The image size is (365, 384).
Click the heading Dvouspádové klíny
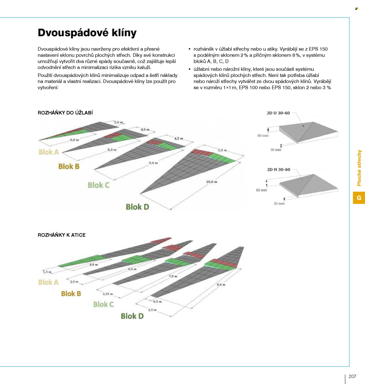point(87,33)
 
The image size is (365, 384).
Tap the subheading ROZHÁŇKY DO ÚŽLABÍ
point(65,113)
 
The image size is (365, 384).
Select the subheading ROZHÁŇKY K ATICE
point(62,235)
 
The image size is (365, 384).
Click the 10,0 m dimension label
point(211,182)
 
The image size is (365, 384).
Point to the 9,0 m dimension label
point(153,163)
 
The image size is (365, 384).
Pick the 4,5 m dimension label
point(179,139)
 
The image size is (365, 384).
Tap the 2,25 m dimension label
point(107,294)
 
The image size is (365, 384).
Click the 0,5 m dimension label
point(157,301)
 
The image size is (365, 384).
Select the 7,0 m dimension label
point(173,276)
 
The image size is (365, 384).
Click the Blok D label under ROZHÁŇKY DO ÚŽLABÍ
point(138,207)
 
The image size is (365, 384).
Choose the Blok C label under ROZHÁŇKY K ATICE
point(103,304)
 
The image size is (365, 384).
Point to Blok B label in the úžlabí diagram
point(69,166)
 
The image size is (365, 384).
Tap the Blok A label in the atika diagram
point(48,282)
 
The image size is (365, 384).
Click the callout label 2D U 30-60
point(278,113)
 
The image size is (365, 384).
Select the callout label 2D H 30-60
point(279,170)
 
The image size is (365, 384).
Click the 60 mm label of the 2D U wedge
point(263,136)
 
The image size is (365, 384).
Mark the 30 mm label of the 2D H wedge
point(279,203)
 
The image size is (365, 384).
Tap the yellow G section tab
point(359,198)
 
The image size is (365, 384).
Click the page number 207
point(352,376)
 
